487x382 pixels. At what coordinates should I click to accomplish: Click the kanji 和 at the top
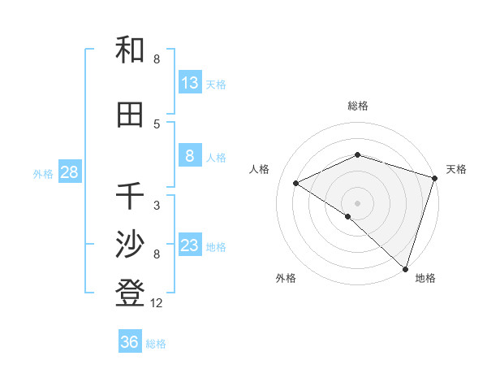pyautogui.click(x=130, y=50)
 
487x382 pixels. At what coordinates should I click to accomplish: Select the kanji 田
pyautogui.click(x=130, y=115)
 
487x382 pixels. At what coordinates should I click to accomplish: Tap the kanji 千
pyautogui.click(x=130, y=196)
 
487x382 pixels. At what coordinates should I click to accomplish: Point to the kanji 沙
pyautogui.click(x=130, y=245)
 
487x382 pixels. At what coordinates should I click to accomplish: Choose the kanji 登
pyautogui.click(x=130, y=293)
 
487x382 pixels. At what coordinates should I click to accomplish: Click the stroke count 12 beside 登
pyautogui.click(x=157, y=303)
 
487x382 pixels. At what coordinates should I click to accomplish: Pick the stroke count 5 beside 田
pyautogui.click(x=157, y=124)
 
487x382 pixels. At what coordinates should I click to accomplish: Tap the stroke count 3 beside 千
pyautogui.click(x=157, y=205)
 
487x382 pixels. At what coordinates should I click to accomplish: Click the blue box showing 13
pyautogui.click(x=190, y=83)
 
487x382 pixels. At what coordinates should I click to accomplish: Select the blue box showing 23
pyautogui.click(x=190, y=245)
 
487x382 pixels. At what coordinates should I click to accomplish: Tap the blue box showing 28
pyautogui.click(x=69, y=172)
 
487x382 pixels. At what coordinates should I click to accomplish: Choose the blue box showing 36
pyautogui.click(x=130, y=342)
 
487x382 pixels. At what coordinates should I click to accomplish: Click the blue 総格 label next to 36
pyautogui.click(x=156, y=344)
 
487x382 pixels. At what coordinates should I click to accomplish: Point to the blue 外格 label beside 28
pyautogui.click(x=43, y=173)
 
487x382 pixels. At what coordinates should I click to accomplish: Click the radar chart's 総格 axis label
pyautogui.click(x=358, y=106)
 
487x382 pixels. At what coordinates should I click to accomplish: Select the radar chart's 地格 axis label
pyautogui.click(x=425, y=279)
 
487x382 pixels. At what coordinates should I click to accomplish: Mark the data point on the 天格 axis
pyautogui.click(x=434, y=178)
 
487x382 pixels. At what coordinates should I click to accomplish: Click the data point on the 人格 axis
pyautogui.click(x=296, y=183)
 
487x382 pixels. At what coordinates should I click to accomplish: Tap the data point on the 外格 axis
pyautogui.click(x=348, y=216)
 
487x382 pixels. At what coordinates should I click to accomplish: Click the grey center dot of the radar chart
pyautogui.click(x=358, y=202)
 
